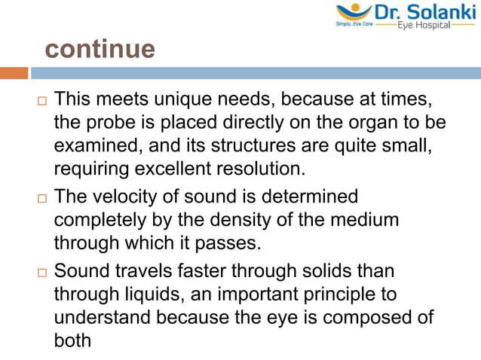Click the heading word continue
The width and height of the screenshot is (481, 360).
click(100, 49)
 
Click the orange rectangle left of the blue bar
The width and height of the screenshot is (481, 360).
click(14, 73)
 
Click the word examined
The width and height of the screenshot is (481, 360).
click(99, 143)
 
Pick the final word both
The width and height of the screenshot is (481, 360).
click(72, 338)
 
